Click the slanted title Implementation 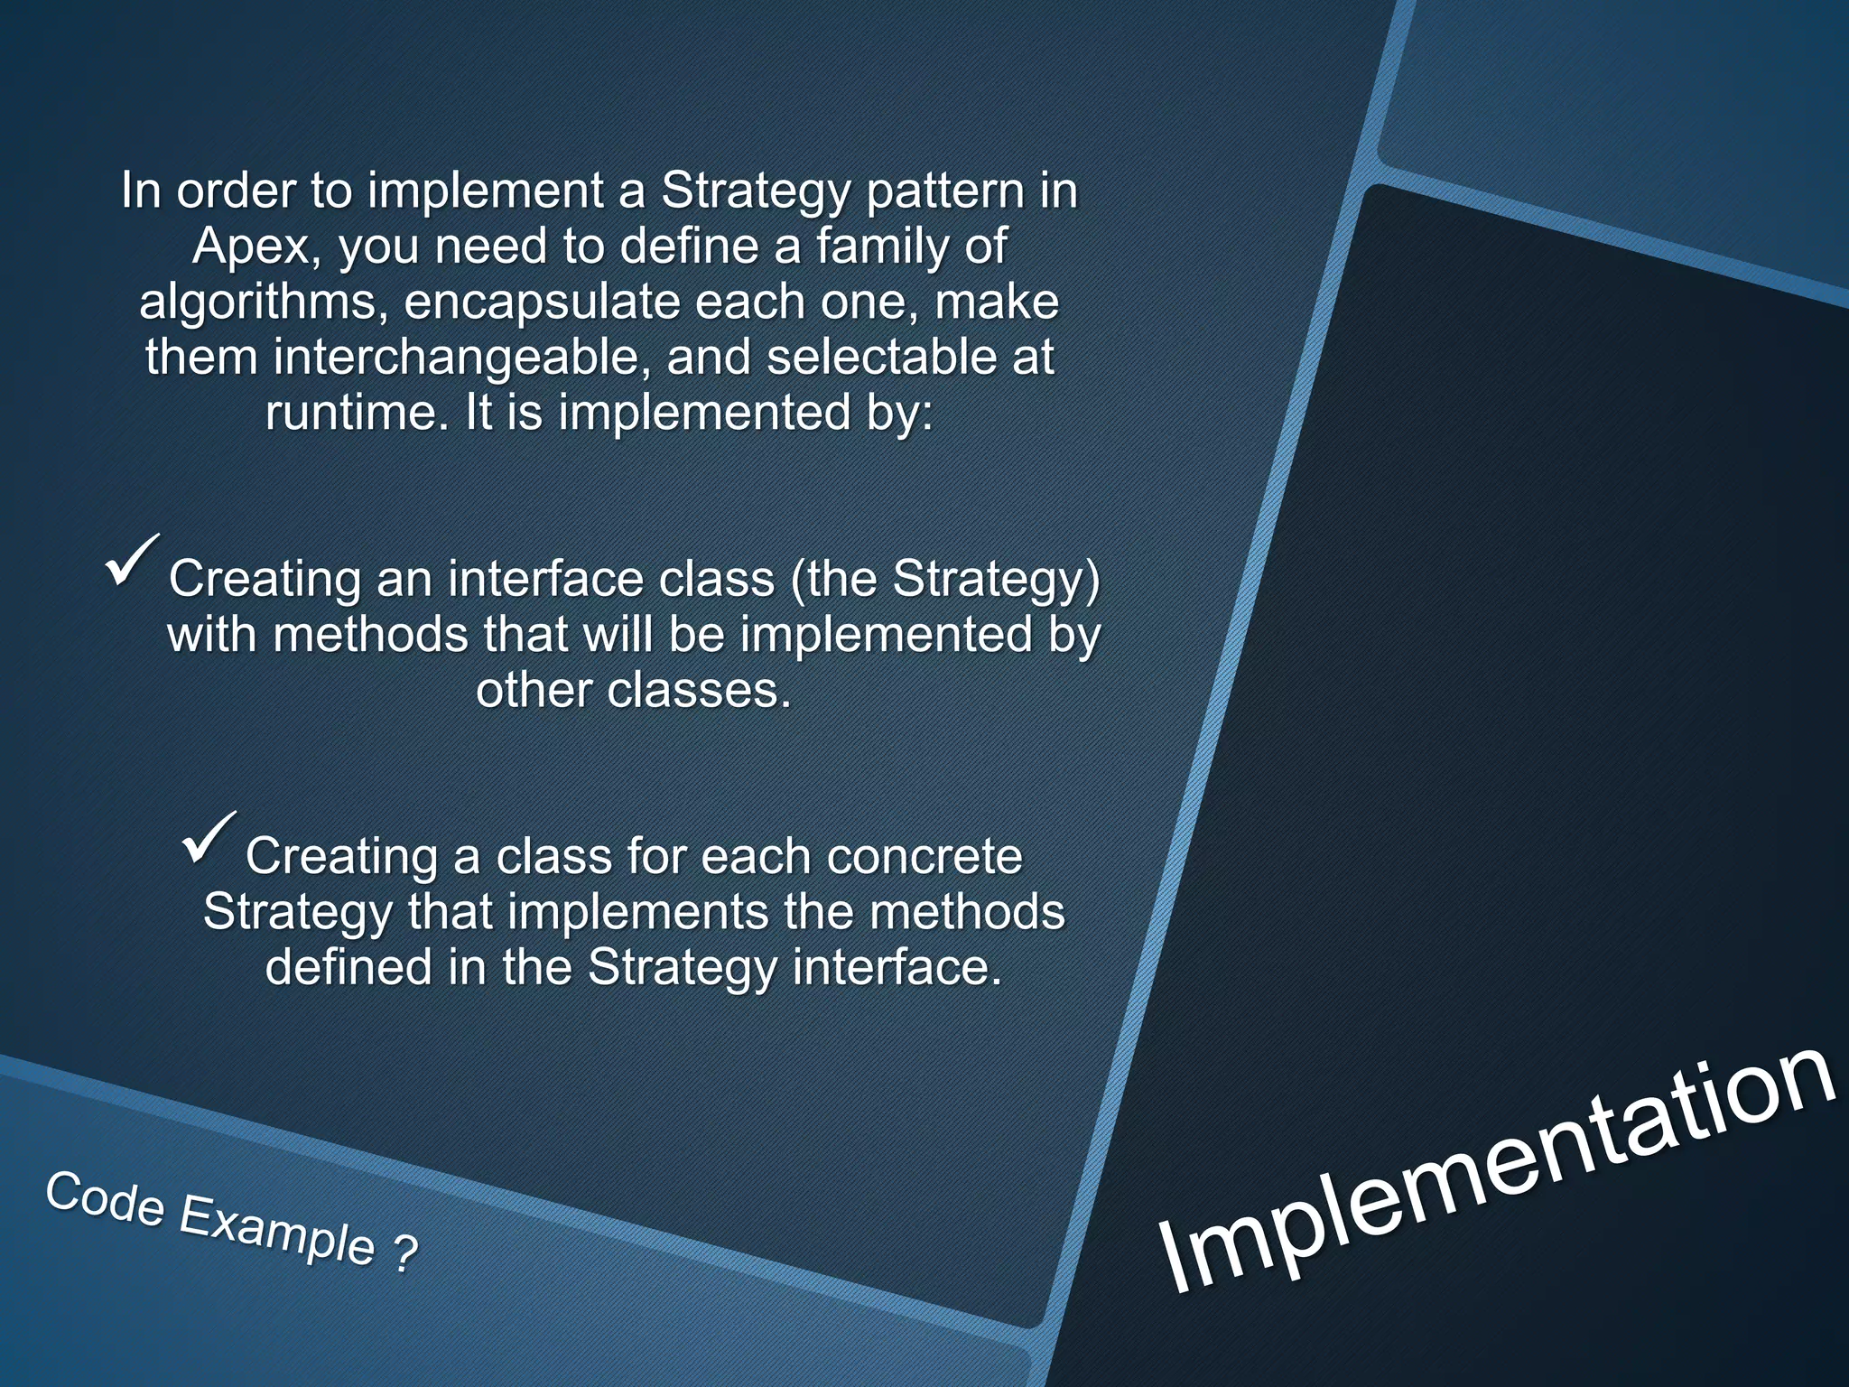[1499, 1174]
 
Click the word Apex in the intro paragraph [250, 247]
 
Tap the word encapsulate [541, 303]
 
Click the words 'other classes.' [633, 691]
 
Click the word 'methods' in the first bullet [369, 635]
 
